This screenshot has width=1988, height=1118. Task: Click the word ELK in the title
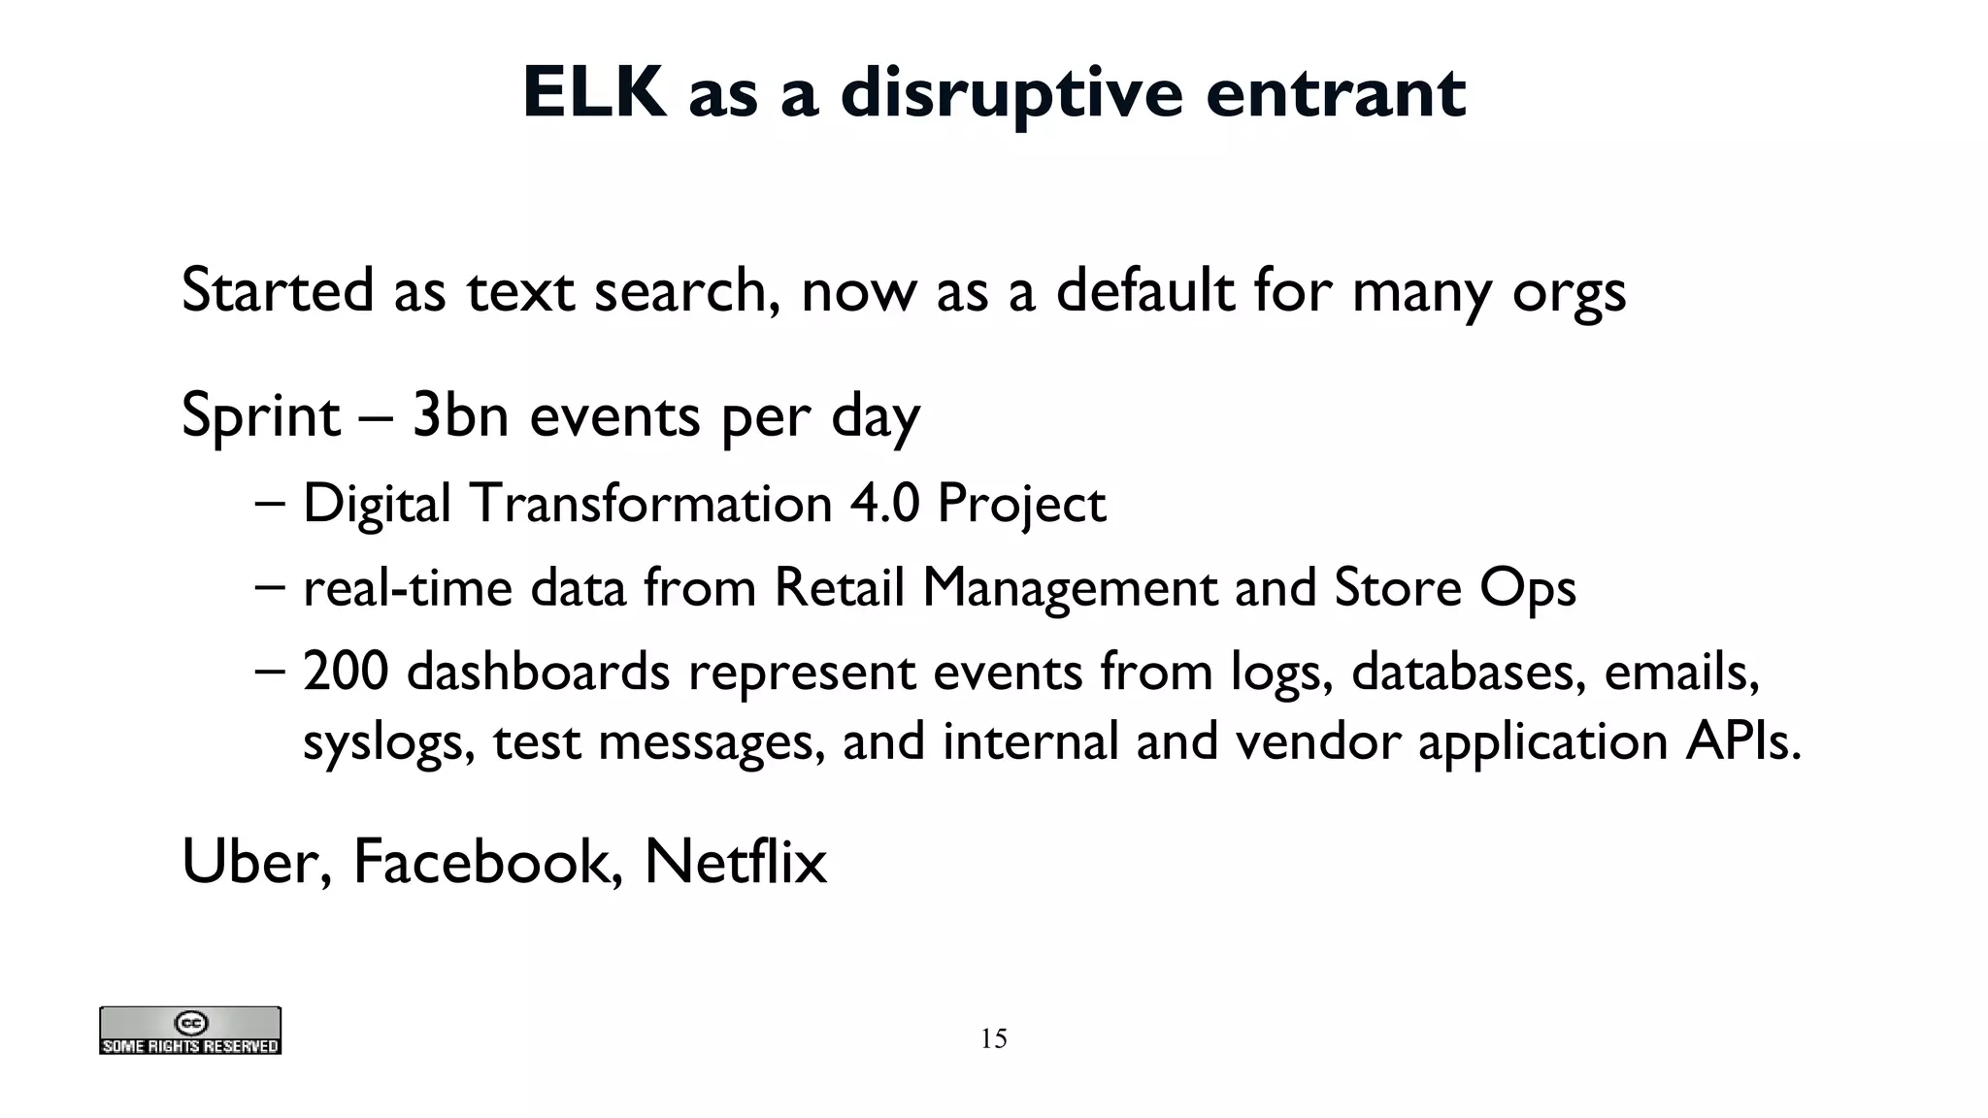click(x=594, y=93)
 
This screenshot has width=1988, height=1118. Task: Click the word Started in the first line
click(x=278, y=290)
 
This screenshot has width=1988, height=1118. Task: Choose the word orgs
click(x=1569, y=292)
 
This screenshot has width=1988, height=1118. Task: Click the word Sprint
click(x=260, y=416)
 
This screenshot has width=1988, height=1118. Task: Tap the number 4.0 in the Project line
click(x=884, y=504)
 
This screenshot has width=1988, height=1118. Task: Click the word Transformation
click(x=651, y=504)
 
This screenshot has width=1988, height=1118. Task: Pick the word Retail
click(x=839, y=587)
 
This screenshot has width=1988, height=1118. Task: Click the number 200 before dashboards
click(x=346, y=672)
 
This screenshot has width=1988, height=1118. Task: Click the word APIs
click(x=1743, y=741)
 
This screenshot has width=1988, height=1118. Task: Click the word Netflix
click(x=735, y=861)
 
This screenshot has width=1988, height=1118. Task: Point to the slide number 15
click(x=993, y=1038)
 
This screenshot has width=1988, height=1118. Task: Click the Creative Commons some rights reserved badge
click(x=190, y=1031)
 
